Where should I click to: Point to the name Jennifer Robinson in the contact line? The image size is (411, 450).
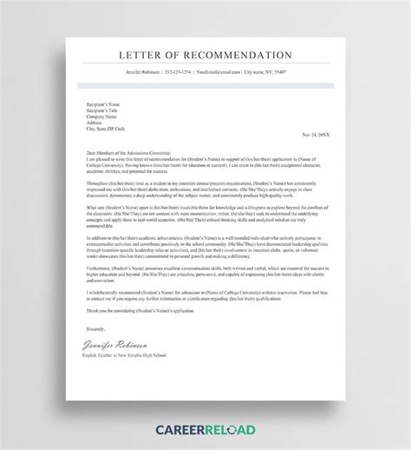pos(140,72)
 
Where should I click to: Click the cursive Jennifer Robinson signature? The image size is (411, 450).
pos(110,344)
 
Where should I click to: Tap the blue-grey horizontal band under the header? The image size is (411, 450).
pos(205,85)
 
